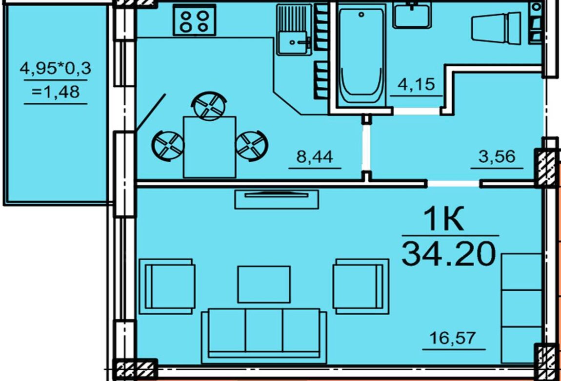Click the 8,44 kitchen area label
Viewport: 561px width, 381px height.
click(315, 156)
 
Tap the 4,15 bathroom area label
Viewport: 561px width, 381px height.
click(417, 84)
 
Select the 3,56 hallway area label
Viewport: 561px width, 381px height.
click(497, 156)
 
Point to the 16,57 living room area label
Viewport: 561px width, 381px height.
click(453, 338)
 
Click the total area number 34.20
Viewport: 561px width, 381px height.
click(449, 253)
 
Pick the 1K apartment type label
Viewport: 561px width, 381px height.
click(443, 218)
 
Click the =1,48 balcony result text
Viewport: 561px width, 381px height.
click(56, 92)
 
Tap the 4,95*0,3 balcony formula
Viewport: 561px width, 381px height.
click(56, 68)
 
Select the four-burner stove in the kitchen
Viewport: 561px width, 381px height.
click(194, 20)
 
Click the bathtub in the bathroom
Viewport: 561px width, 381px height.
click(361, 56)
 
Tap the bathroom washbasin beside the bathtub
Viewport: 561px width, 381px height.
click(411, 16)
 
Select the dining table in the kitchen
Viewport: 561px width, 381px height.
click(209, 147)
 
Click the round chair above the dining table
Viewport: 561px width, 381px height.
click(210, 106)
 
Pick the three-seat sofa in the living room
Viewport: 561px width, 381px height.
click(264, 336)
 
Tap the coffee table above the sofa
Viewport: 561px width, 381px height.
click(264, 285)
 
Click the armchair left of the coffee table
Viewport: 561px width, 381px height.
click(167, 286)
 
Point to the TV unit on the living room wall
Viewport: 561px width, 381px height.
click(277, 199)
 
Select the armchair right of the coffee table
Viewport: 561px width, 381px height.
click(361, 286)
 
